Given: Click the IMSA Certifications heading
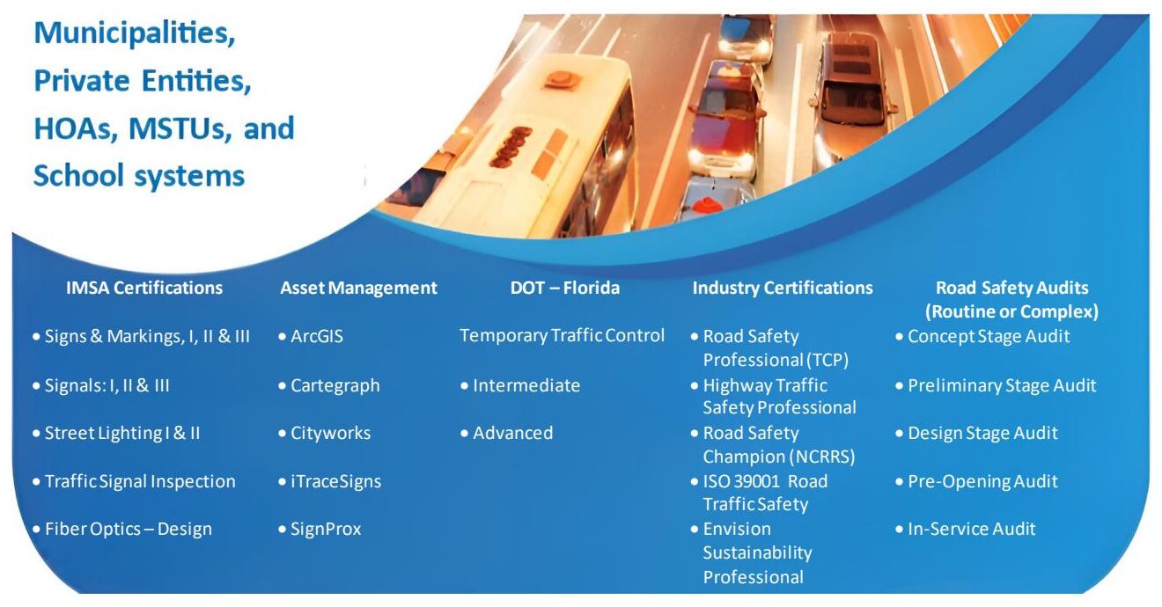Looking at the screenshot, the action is point(144,289).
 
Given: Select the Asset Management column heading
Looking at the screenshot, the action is point(358,289).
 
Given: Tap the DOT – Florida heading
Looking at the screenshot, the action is point(565,288).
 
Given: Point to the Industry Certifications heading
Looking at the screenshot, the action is point(783,289).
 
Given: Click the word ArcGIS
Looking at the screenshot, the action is point(317,336).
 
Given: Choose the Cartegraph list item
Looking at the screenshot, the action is point(335,385).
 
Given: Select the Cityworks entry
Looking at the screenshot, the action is point(330,434).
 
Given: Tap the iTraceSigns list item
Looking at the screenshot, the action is point(335,481).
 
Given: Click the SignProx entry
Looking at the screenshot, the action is point(326,530).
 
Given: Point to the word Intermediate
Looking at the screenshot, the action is point(526,385).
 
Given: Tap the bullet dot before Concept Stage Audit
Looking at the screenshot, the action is point(900,336).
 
